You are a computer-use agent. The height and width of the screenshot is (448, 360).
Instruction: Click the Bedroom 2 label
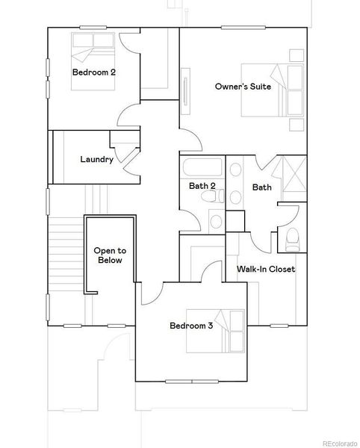(93, 72)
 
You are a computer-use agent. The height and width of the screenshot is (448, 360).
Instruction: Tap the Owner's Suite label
(243, 87)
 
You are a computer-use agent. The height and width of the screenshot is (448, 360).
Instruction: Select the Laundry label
(96, 160)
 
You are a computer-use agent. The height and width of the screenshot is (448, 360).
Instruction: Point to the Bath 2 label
(202, 186)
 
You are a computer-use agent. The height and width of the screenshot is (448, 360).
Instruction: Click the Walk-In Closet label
(266, 269)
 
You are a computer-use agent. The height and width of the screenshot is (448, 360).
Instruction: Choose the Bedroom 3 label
(191, 326)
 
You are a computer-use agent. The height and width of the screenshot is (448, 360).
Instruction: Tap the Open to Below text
(108, 255)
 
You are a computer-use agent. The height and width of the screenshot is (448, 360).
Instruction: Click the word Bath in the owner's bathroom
(261, 187)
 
